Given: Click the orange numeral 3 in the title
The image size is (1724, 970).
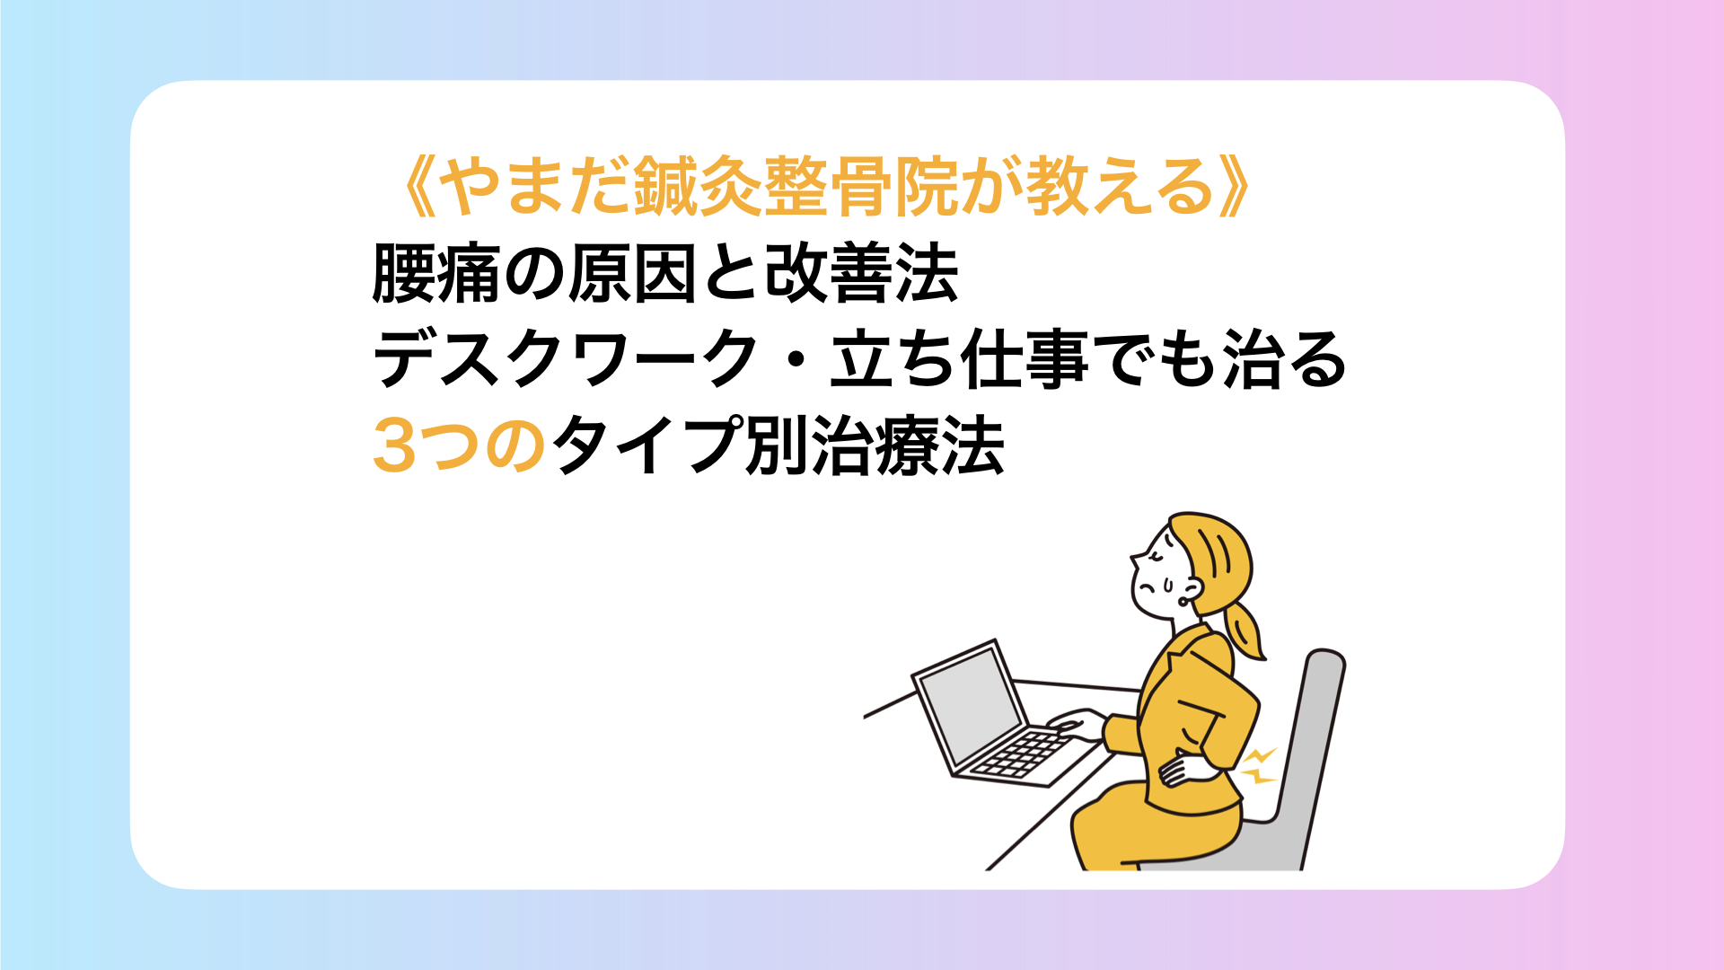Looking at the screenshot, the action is [394, 446].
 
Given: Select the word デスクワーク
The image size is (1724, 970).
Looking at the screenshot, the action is [565, 359].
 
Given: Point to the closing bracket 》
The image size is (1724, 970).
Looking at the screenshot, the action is [1233, 188].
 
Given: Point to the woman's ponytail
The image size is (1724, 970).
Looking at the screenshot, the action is [1244, 629].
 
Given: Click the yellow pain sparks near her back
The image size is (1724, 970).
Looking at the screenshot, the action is [1259, 765].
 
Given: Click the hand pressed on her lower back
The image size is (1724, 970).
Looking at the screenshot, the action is [1185, 769].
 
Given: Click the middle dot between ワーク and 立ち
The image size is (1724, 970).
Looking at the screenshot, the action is [794, 359].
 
